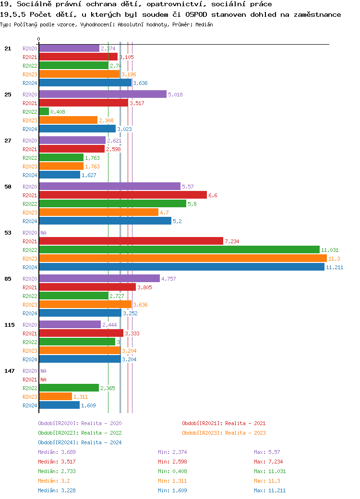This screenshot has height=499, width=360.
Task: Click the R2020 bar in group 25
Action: coord(102,95)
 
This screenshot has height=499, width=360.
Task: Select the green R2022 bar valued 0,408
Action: coord(44,112)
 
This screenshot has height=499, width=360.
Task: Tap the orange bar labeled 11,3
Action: coord(182,259)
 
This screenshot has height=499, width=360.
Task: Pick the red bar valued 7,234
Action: coord(131,241)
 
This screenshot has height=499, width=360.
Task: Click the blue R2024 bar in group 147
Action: coord(59,405)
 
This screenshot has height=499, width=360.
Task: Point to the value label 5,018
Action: coord(175,95)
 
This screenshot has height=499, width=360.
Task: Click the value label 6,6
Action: coord(213,195)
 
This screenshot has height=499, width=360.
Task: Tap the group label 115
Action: coord(10,325)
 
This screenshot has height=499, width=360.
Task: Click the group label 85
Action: coord(8,279)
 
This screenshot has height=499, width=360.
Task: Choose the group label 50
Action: coord(8,187)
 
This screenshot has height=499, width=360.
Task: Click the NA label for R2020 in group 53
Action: coord(43,233)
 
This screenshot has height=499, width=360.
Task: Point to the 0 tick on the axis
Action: coord(38,39)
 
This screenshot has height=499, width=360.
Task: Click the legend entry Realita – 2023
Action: coord(224,433)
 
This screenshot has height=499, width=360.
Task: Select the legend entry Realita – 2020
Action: coord(80,423)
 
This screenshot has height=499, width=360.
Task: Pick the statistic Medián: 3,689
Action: coord(57,452)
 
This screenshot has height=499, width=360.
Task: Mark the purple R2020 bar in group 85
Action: coord(99,279)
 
